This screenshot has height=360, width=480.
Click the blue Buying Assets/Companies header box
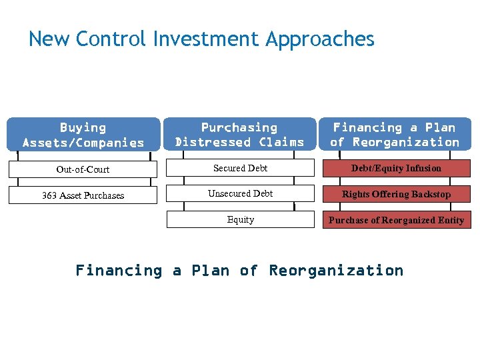click(83, 135)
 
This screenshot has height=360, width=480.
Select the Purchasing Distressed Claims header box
click(239, 135)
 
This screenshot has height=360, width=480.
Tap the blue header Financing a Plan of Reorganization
click(395, 135)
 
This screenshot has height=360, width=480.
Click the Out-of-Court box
click(83, 169)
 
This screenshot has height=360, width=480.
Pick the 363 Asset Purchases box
click(83, 195)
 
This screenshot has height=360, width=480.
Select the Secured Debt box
click(240, 169)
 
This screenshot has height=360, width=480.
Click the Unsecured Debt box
click(240, 194)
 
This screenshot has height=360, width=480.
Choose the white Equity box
click(240, 219)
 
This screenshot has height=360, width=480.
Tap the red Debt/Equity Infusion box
click(396, 169)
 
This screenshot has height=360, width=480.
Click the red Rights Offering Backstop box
click(396, 195)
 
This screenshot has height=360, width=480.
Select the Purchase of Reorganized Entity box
click(396, 220)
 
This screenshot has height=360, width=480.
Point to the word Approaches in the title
click(320, 40)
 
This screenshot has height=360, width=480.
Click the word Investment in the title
click(207, 39)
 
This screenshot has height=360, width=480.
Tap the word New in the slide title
click(49, 39)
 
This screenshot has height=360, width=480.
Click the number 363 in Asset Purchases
click(50, 195)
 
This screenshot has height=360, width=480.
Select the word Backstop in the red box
click(431, 195)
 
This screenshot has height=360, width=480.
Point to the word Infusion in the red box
click(423, 169)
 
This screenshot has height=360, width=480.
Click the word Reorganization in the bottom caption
click(336, 271)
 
